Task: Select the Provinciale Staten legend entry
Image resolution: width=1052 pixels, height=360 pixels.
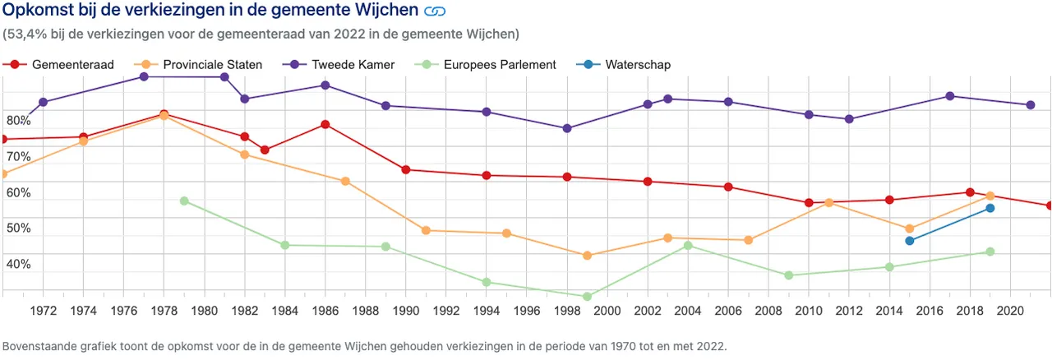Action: [201, 64]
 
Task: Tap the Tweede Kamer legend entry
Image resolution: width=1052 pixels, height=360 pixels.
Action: [346, 64]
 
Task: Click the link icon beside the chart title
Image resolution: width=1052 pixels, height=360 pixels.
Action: [434, 12]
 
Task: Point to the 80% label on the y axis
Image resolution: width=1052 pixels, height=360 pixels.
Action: [19, 121]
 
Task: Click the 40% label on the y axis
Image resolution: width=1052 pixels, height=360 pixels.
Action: [19, 265]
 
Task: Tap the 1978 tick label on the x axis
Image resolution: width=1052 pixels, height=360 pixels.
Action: [164, 311]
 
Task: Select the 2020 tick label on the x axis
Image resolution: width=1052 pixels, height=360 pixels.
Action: [1010, 311]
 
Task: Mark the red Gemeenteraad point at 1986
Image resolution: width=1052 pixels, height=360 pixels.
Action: [325, 124]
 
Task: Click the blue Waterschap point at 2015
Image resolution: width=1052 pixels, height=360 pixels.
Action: [910, 241]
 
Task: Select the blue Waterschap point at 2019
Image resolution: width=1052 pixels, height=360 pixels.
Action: [990, 208]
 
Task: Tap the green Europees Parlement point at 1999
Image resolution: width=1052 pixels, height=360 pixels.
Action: [587, 297]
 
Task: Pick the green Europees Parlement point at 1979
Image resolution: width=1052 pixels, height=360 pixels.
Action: [184, 201]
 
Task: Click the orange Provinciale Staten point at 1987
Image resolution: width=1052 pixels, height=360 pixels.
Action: [345, 181]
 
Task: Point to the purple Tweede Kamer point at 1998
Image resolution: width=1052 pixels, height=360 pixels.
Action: [567, 128]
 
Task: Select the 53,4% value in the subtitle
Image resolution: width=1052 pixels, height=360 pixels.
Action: [26, 35]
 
